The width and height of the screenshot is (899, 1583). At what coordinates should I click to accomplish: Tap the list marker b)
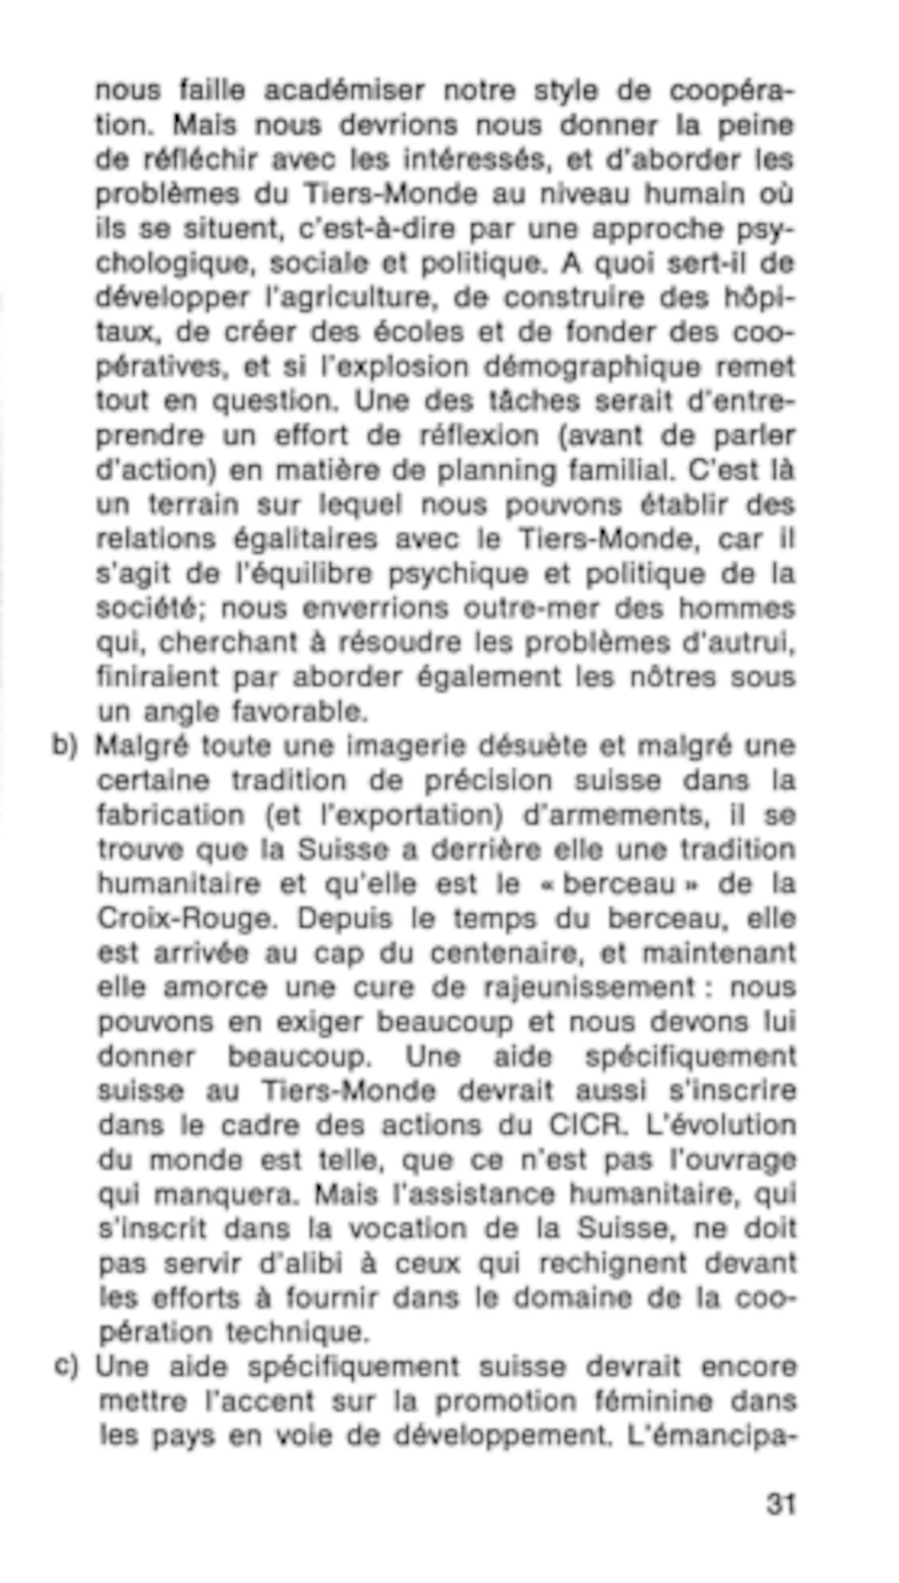tap(65, 746)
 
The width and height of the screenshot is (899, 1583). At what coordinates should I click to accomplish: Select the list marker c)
tap(66, 1366)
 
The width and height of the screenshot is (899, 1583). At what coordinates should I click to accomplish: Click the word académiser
tap(344, 91)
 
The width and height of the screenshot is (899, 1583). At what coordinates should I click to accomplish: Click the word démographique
tap(592, 367)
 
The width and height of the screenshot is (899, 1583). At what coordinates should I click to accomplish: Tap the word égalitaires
tap(305, 540)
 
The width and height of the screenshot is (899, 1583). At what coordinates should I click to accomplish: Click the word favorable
tap(300, 712)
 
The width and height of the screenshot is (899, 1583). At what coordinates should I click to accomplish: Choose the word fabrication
tap(171, 815)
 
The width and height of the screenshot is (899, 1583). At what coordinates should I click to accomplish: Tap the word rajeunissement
tap(590, 988)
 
